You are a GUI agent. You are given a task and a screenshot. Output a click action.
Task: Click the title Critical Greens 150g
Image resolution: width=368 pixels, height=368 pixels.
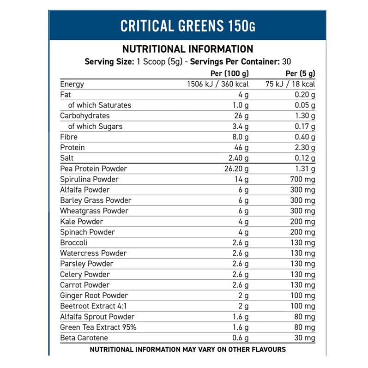[x=187, y=26]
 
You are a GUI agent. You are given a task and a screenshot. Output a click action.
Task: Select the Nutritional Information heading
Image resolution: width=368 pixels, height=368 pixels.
[x=187, y=49]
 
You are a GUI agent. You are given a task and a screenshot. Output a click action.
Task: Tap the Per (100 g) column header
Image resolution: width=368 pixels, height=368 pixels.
[x=229, y=73]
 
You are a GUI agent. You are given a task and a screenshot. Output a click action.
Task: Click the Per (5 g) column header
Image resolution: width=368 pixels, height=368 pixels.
[x=300, y=73]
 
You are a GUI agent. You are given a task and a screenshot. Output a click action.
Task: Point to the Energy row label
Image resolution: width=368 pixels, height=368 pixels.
[x=72, y=84]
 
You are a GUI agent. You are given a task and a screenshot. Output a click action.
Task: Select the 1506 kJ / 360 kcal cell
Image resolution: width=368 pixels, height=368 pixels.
[x=217, y=84]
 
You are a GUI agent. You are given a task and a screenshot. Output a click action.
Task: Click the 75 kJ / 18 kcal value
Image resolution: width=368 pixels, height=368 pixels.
[x=290, y=84]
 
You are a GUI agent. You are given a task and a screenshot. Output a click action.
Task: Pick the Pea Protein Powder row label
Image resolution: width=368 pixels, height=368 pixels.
[x=93, y=169]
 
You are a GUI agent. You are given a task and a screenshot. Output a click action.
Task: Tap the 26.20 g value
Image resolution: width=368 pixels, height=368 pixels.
[x=236, y=169]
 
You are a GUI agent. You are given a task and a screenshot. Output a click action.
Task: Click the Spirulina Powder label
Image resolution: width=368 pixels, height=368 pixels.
[x=89, y=179]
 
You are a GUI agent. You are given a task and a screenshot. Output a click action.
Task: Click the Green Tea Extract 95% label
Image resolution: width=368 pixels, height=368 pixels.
[x=98, y=327]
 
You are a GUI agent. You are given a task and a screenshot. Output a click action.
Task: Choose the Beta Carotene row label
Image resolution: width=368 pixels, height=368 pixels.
[x=84, y=338]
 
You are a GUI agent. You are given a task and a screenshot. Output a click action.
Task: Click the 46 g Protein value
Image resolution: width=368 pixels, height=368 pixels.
[x=242, y=147]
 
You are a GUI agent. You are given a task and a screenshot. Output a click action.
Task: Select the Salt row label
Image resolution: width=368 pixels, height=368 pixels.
[x=67, y=158]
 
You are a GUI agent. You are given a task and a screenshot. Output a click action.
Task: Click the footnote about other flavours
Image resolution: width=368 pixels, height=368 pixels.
[x=187, y=350]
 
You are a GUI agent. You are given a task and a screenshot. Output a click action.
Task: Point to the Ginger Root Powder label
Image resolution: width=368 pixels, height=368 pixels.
[x=94, y=296]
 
